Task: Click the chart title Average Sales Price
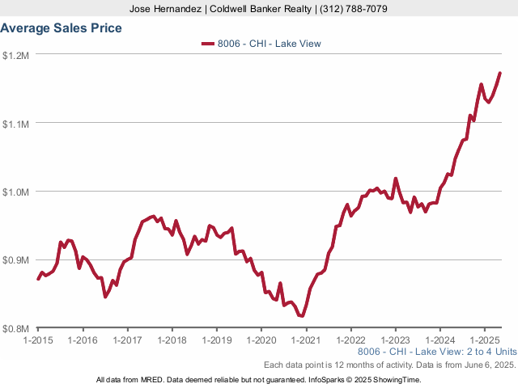pos(62,28)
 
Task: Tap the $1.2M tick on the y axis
pos(16,55)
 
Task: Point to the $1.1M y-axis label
pos(16,124)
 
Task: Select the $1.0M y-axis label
pos(16,192)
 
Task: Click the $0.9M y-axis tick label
pos(16,261)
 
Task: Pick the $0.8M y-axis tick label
pos(16,329)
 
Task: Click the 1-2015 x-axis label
pos(38,340)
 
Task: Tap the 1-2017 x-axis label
pos(127,340)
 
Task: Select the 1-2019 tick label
pos(216,340)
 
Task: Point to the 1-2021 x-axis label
pos(305,340)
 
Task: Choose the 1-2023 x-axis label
pos(394,340)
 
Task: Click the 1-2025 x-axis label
pos(483,340)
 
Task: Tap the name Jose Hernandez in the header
pos(166,9)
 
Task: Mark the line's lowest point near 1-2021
pos(302,316)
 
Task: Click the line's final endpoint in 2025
pos(500,74)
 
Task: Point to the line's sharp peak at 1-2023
pos(395,179)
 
